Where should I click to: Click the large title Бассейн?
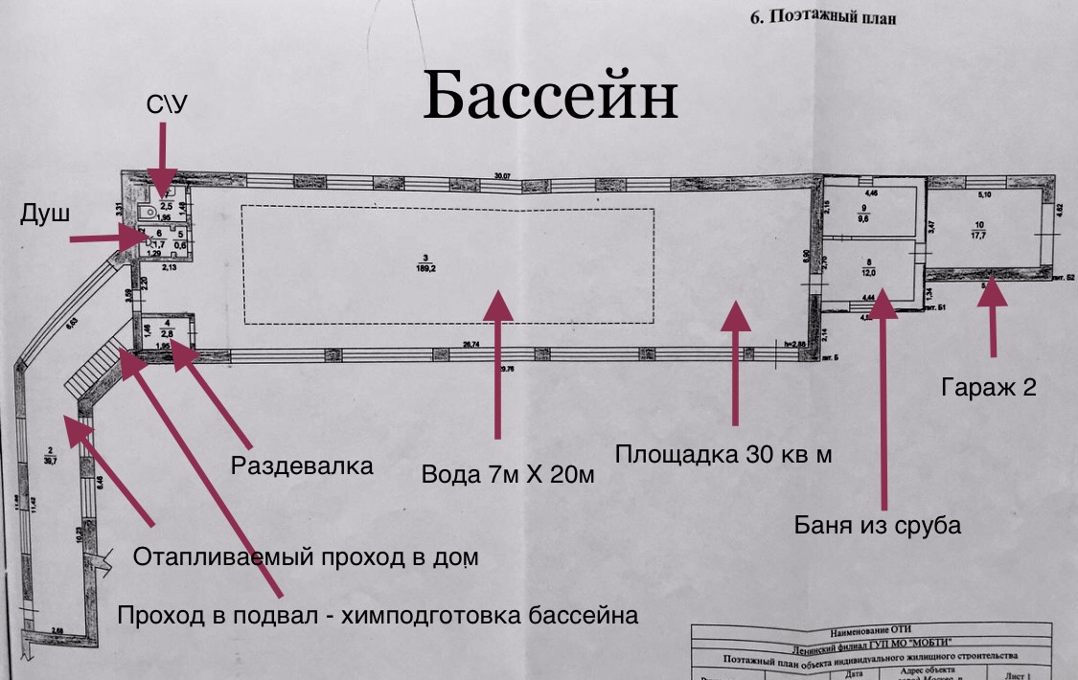coord(550,94)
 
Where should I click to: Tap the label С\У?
coord(166,104)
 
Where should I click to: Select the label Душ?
coord(44,215)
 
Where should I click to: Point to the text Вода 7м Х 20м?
coord(508,474)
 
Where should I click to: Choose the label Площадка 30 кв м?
coord(723,454)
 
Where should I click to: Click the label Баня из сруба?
coord(878,525)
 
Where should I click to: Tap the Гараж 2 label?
coord(988,387)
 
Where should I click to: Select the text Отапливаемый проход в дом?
coord(305,556)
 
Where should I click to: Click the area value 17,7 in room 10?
coord(979,236)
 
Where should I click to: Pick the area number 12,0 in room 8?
coord(867,271)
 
